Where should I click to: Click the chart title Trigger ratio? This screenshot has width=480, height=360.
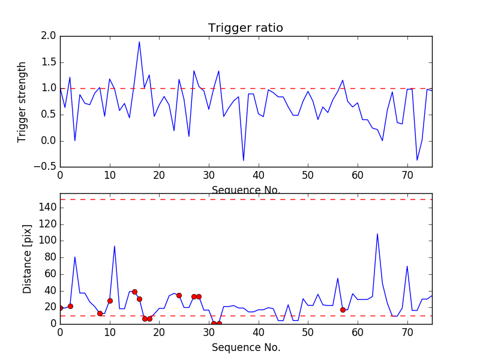pos(245,28)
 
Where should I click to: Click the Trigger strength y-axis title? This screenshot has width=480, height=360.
pos(22,101)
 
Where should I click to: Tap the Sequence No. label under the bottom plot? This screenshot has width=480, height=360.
pos(245,347)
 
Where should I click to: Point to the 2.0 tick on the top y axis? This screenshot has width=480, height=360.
pos(49,36)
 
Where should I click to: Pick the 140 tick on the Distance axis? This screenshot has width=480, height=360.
pos(47,208)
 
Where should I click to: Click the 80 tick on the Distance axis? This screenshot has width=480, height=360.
pos(50,257)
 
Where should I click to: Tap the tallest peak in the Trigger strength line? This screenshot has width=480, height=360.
pos(139,41)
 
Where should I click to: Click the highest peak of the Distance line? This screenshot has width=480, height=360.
pos(377,233)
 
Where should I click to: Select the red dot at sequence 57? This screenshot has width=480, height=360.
pos(343,310)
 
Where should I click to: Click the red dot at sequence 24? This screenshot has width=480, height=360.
pos(179,295)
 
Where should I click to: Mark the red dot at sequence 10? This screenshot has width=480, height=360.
pos(110,301)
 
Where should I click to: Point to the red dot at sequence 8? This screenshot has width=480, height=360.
pos(100,313)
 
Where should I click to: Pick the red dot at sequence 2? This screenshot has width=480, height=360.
pos(70,306)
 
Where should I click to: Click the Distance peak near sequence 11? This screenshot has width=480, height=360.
pos(115,245)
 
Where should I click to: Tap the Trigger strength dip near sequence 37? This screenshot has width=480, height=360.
pos(244,160)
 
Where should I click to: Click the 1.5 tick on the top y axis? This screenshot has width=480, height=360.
pos(49,62)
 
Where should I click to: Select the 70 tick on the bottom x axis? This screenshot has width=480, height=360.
pos(407,332)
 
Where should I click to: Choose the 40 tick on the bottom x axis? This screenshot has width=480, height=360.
pos(259,332)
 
